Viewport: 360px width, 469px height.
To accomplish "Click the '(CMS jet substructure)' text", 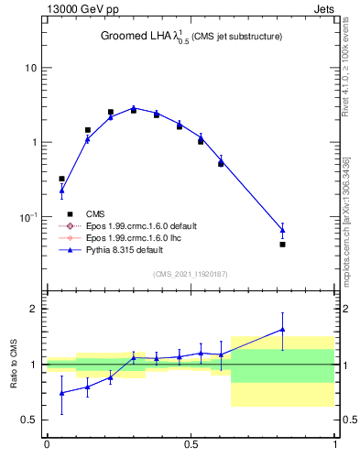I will point(236,37).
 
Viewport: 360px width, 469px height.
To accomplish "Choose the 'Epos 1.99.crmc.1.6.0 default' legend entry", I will point(147,225).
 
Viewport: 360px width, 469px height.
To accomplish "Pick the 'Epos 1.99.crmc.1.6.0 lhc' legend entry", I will point(137,237).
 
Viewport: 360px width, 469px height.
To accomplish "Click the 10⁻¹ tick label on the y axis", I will point(27,216).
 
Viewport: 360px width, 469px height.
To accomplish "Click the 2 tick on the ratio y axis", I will point(35,309).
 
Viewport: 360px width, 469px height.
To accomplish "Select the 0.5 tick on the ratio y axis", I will point(31,420).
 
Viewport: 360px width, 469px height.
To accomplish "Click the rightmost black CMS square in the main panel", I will point(282,245).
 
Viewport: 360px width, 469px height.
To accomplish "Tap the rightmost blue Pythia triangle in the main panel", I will point(282,230).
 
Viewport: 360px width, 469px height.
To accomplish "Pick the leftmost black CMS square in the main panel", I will point(61,179).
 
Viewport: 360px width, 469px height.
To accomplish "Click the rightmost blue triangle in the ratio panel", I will point(282,329).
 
